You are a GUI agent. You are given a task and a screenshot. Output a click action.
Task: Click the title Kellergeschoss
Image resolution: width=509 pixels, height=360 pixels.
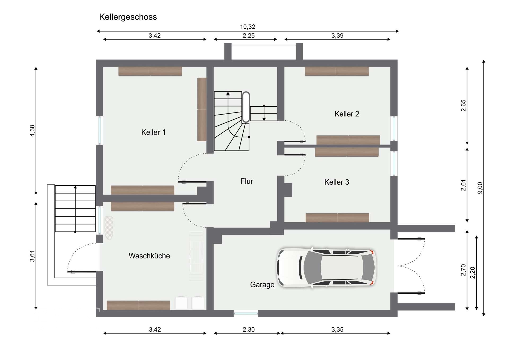tap(128, 17)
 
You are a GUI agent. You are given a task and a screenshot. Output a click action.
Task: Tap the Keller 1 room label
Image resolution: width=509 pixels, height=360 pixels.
tap(153, 132)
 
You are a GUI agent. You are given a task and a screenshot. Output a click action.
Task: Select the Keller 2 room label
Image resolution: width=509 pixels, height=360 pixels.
tap(347, 114)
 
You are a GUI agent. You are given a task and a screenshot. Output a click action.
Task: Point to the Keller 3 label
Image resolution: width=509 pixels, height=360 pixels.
tap(337, 182)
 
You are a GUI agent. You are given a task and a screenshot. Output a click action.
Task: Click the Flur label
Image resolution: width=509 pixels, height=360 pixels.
tap(247, 181)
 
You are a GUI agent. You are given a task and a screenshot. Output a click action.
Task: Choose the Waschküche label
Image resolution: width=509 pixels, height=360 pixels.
tap(149, 256)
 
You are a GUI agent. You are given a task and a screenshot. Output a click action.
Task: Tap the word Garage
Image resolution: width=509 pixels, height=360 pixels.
tap(262, 285)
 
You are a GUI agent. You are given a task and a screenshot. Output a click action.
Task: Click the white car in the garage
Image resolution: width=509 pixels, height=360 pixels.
tap(326, 267)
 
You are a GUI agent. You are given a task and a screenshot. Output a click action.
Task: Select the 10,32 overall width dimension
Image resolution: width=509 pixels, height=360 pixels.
tap(248, 27)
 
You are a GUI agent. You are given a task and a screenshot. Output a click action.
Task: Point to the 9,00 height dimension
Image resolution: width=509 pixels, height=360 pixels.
tap(480, 188)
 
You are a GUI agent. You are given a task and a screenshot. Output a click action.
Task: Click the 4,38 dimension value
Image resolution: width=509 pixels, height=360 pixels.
tap(32, 131)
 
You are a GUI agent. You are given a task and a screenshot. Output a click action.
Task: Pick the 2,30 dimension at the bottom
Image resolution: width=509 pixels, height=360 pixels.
tap(248, 329)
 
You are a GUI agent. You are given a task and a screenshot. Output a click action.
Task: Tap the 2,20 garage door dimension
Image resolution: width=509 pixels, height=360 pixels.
tap(473, 273)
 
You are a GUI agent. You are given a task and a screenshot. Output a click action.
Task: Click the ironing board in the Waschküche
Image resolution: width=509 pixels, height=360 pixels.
tap(109, 228)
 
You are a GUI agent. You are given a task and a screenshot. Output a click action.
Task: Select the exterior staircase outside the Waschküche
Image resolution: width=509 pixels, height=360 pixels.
tap(75, 209)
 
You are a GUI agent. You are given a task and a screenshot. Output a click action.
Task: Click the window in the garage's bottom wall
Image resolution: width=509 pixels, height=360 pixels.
tap(246, 314)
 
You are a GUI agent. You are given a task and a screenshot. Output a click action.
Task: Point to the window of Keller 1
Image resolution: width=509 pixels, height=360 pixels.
tap(99, 130)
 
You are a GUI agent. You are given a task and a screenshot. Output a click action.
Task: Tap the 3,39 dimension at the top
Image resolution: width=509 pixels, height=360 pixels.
tap(337, 36)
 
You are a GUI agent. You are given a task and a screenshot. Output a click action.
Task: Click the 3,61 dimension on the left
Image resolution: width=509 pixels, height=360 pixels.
tap(32, 256)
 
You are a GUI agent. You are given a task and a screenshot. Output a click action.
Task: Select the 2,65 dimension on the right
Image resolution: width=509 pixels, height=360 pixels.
tap(463, 106)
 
